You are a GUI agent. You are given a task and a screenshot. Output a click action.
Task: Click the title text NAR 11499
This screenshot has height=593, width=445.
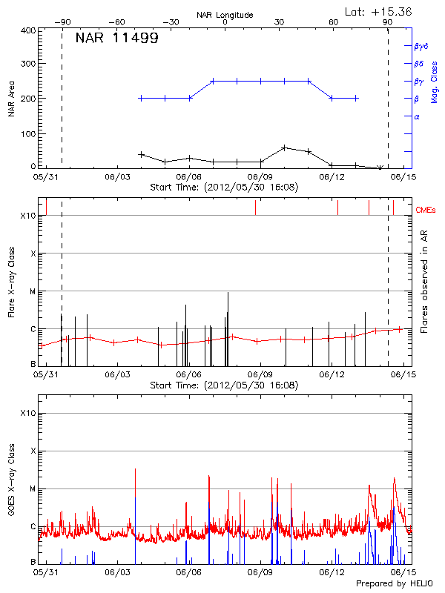pyautogui.click(x=116, y=38)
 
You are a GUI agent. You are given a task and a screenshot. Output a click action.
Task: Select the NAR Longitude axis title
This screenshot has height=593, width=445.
pyautogui.click(x=225, y=14)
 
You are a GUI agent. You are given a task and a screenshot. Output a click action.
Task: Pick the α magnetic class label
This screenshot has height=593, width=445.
pyautogui.click(x=416, y=116)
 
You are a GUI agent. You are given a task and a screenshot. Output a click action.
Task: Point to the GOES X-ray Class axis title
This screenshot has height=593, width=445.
pyautogui.click(x=11, y=482)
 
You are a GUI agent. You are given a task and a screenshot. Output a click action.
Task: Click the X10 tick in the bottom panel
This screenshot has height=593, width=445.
pyautogui.click(x=27, y=413)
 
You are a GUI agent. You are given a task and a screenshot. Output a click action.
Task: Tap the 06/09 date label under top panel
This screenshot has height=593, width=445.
pyautogui.click(x=260, y=178)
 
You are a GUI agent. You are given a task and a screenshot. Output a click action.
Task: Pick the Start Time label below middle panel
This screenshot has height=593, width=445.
pyautogui.click(x=224, y=385)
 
